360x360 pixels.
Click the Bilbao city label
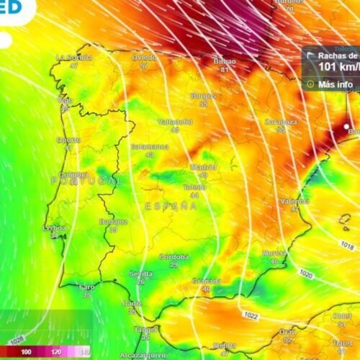pyautogui.click(x=225, y=62)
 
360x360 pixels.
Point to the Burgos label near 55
pyautogui.click(x=204, y=96)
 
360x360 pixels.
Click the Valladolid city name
pyautogui.click(x=175, y=122)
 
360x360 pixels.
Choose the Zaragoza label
pyautogui.click(x=280, y=122)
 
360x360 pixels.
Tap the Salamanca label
pyautogui.click(x=149, y=146)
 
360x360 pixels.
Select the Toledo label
pyautogui.click(x=194, y=186)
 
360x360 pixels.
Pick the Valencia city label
pyautogui.click(x=294, y=201)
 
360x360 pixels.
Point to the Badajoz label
pyautogui.click(x=113, y=221)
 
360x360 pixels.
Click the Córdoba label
pyautogui.click(x=174, y=256)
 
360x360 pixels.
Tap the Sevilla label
pyautogui.click(x=140, y=274)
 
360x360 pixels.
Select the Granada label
pyautogui.click(x=206, y=281)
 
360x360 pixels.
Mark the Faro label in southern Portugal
pyautogui.click(x=86, y=287)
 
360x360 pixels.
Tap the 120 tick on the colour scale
pyautogui.click(x=55, y=351)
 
